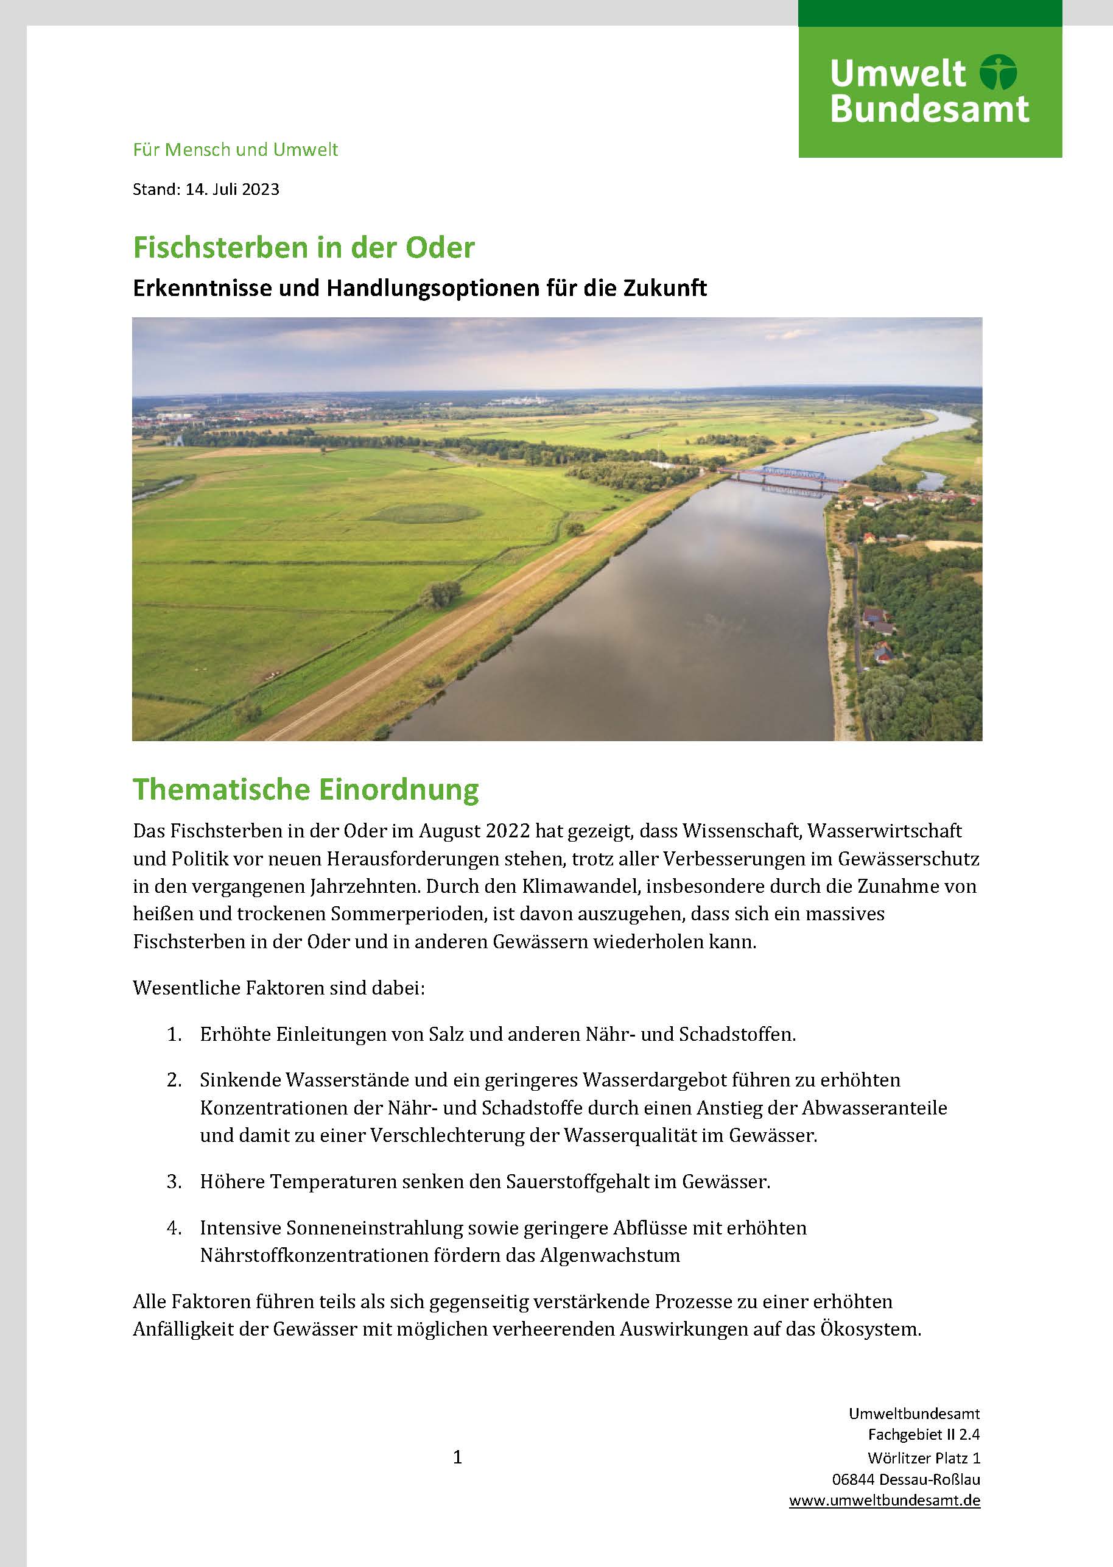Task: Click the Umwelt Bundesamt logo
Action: tap(929, 91)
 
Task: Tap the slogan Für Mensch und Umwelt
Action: tap(235, 150)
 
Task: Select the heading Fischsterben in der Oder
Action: tap(304, 247)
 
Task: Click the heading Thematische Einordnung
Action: tap(306, 789)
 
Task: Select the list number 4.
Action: tap(174, 1228)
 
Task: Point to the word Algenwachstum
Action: tap(610, 1256)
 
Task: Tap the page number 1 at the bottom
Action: tap(458, 1457)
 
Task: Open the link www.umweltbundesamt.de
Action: tap(884, 1501)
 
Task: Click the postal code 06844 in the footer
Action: tap(852, 1479)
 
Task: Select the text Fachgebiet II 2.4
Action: tap(924, 1435)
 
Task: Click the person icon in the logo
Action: tap(998, 72)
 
